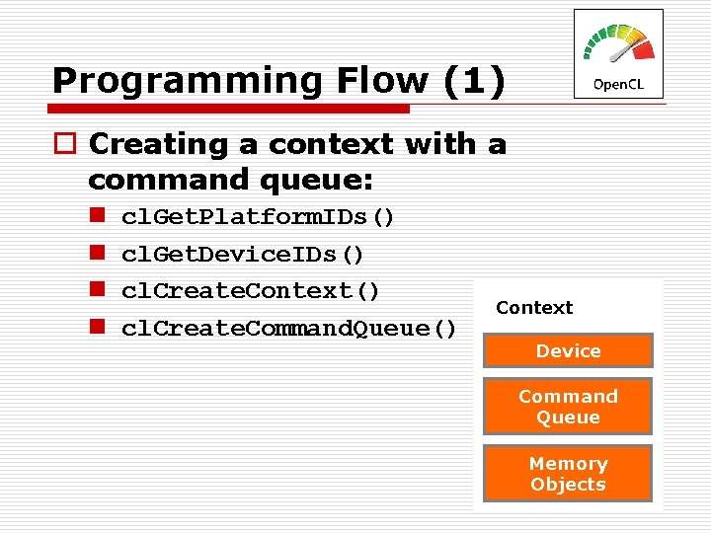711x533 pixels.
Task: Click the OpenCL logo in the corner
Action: (x=618, y=54)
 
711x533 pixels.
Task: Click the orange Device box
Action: (x=568, y=351)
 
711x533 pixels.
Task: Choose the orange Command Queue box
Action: (x=568, y=407)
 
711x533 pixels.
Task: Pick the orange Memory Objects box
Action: (x=568, y=474)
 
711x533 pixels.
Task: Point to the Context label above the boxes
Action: (x=534, y=308)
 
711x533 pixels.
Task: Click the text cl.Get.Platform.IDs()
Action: (x=258, y=217)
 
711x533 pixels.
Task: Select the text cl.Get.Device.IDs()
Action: (x=243, y=255)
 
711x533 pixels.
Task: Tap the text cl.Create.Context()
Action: (x=251, y=291)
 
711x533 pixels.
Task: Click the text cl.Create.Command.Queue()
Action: (x=288, y=329)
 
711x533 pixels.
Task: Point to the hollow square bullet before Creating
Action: (x=63, y=144)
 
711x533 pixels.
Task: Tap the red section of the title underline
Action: (x=237, y=108)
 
